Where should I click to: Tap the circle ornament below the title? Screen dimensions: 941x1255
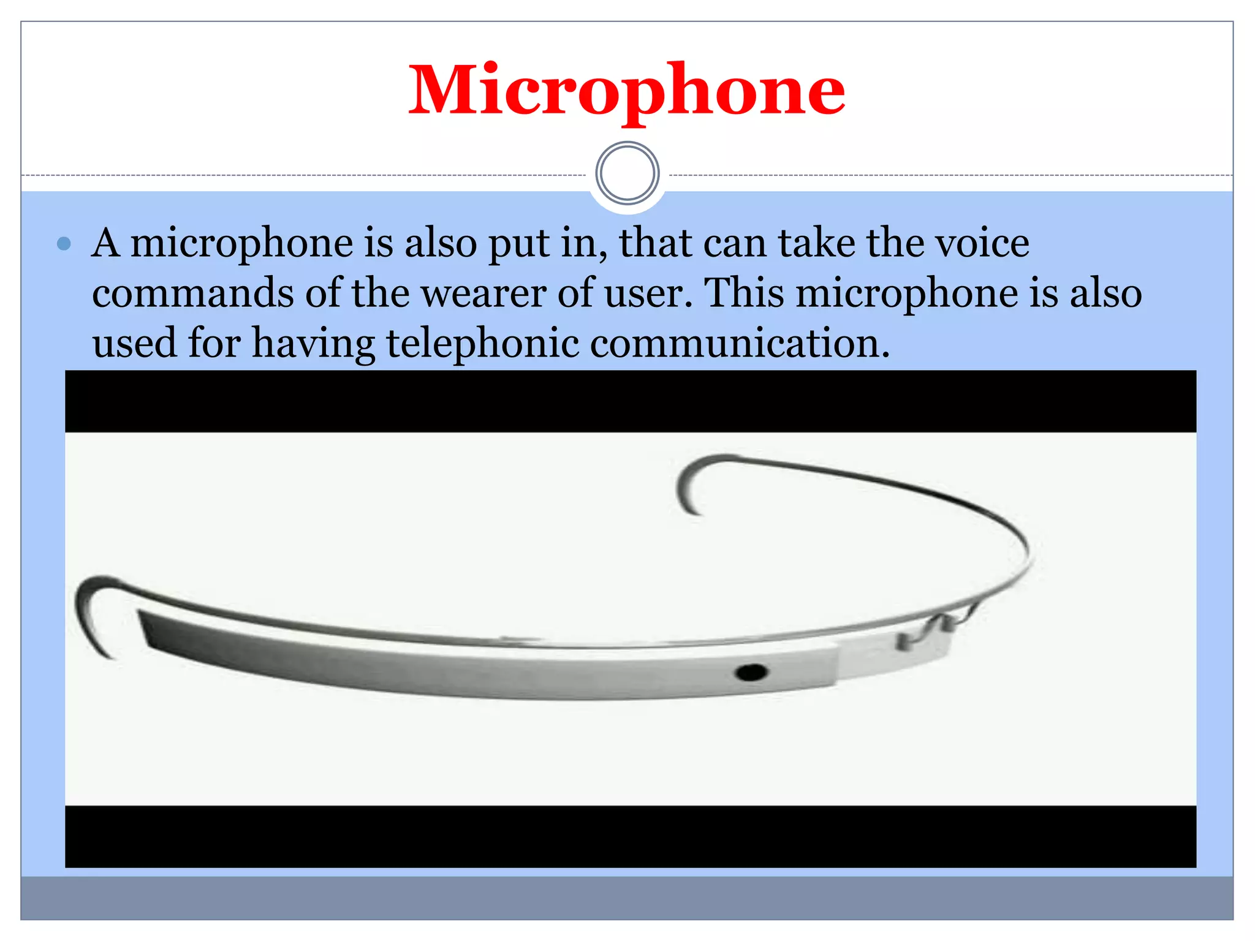pyautogui.click(x=627, y=173)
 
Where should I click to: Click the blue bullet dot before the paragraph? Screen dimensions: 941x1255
pyautogui.click(x=64, y=244)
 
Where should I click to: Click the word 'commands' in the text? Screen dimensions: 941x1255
pyautogui.click(x=192, y=293)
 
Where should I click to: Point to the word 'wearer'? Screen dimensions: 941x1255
pyautogui.click(x=483, y=293)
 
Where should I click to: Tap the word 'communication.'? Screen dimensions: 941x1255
pyautogui.click(x=740, y=343)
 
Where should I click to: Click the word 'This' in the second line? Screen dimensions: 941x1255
pyautogui.click(x=744, y=293)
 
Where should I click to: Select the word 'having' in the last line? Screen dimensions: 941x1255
pyautogui.click(x=313, y=343)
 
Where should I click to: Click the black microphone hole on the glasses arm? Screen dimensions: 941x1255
pyautogui.click(x=751, y=673)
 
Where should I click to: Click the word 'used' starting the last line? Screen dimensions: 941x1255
pyautogui.click(x=134, y=343)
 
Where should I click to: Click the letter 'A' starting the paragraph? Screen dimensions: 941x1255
pyautogui.click(x=105, y=243)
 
